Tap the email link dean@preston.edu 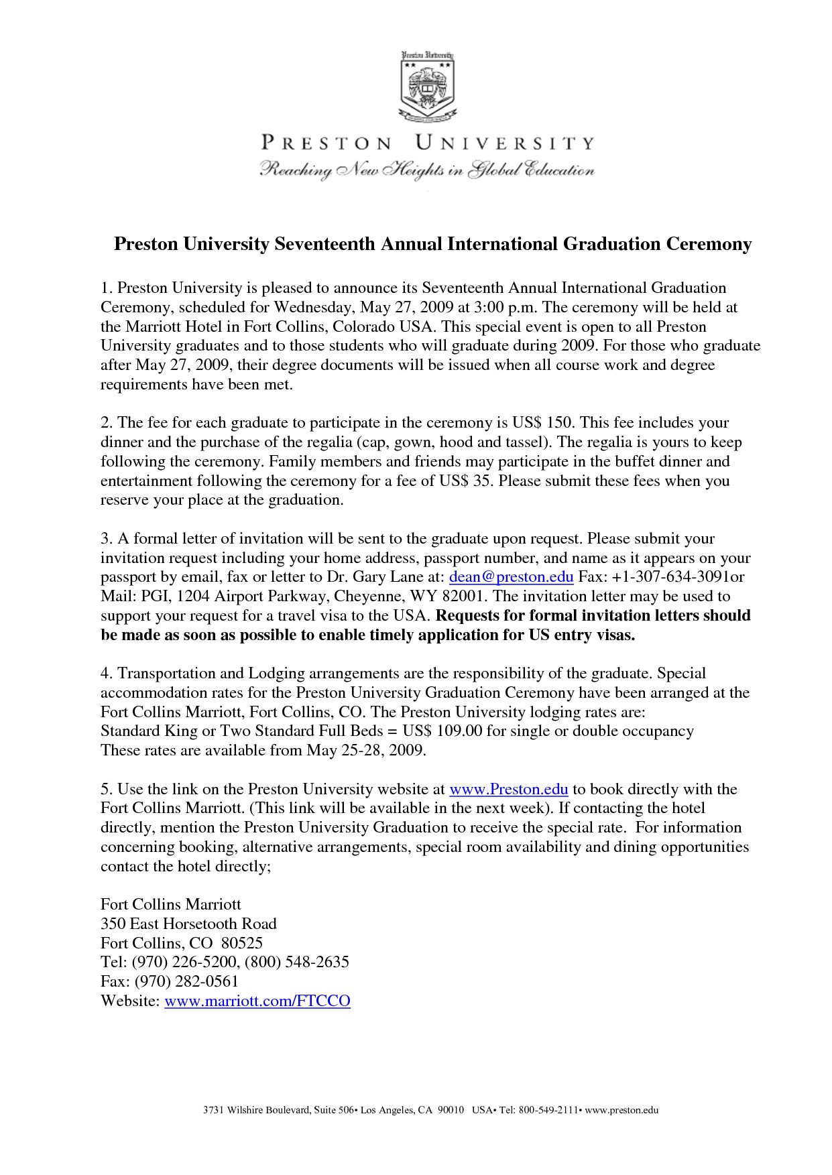(x=511, y=576)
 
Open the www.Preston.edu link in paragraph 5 (x=509, y=789)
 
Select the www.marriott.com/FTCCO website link (x=257, y=1001)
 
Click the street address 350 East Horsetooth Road (x=188, y=924)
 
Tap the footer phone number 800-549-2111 (x=547, y=1110)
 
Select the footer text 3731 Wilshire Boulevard (x=257, y=1110)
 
